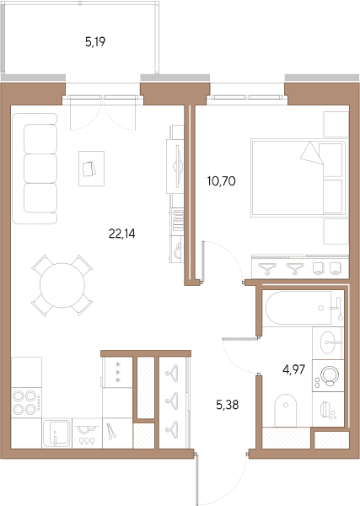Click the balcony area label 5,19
click(95, 42)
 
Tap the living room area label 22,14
click(122, 234)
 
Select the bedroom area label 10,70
click(221, 181)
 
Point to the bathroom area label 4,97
click(293, 369)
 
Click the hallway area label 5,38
click(228, 404)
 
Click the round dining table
click(62, 285)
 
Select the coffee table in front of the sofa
click(91, 169)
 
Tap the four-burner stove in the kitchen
click(26, 402)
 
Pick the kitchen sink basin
click(56, 433)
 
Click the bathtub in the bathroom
click(298, 308)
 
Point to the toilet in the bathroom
click(286, 410)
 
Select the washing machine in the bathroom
click(328, 376)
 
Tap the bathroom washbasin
click(329, 342)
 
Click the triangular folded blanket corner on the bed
click(311, 153)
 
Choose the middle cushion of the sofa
click(40, 168)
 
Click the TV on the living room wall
click(177, 166)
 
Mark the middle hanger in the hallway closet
click(172, 401)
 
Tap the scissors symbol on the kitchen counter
click(111, 432)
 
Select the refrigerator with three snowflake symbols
click(117, 373)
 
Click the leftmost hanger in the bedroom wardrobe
click(267, 269)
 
